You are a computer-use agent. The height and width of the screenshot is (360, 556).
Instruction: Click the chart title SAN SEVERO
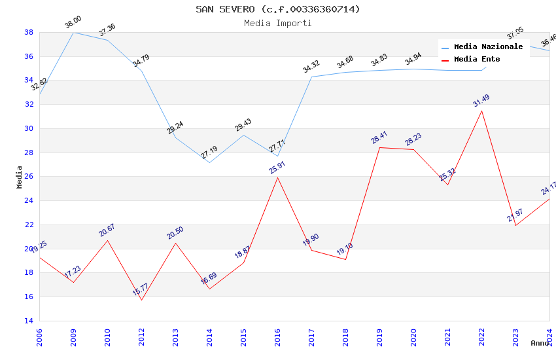point(277,9)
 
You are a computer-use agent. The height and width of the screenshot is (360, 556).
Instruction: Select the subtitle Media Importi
point(277,23)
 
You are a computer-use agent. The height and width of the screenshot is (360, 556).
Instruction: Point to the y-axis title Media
point(20,177)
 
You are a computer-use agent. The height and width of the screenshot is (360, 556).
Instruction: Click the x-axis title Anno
point(540,343)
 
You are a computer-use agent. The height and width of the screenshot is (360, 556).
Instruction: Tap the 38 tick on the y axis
point(29,32)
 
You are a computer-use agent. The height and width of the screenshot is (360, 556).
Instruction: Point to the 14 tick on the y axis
point(29,321)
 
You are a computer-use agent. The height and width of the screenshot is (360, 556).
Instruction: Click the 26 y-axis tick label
point(29,177)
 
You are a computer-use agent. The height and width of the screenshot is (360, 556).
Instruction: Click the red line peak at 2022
point(481,111)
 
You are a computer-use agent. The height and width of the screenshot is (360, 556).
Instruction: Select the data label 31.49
point(481,101)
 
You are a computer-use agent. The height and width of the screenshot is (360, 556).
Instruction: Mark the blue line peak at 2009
point(73,32)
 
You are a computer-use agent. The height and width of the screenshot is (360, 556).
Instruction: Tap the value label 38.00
point(73,22)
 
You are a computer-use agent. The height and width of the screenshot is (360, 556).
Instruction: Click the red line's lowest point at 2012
point(141,300)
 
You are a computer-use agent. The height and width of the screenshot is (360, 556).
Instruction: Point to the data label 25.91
point(277,168)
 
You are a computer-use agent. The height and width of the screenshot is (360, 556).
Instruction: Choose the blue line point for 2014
point(209,162)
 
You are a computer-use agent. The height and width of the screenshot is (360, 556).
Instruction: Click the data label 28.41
point(379,137)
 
